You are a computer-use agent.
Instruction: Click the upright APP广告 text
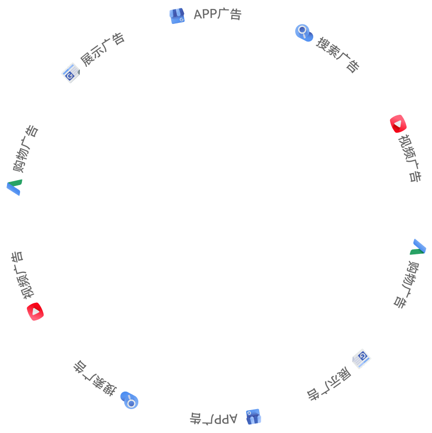tap(217, 15)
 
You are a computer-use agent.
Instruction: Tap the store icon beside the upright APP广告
tap(177, 16)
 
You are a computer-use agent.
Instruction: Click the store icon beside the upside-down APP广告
tap(253, 417)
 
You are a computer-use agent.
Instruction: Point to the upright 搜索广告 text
tap(338, 53)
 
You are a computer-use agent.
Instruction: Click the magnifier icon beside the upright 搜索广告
tap(303, 33)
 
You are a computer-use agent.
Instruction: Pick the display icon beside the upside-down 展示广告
tap(361, 358)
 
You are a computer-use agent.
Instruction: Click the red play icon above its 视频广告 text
tap(399, 124)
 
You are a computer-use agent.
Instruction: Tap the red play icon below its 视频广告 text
tap(35, 311)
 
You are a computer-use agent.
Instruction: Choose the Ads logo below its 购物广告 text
tap(14, 187)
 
